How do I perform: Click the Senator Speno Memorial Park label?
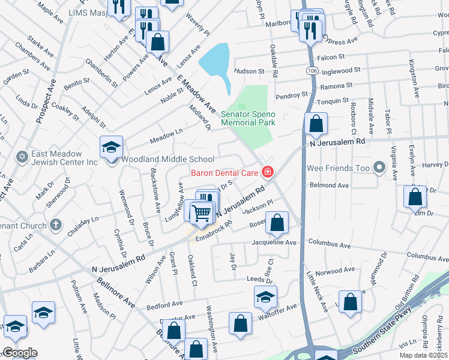tap(248, 118)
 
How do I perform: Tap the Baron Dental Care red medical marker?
tap(267, 173)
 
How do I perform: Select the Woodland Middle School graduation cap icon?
tap(111, 146)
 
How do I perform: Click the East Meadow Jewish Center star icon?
tap(22, 157)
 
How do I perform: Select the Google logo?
tap(20, 353)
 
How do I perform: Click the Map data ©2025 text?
tap(424, 355)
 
